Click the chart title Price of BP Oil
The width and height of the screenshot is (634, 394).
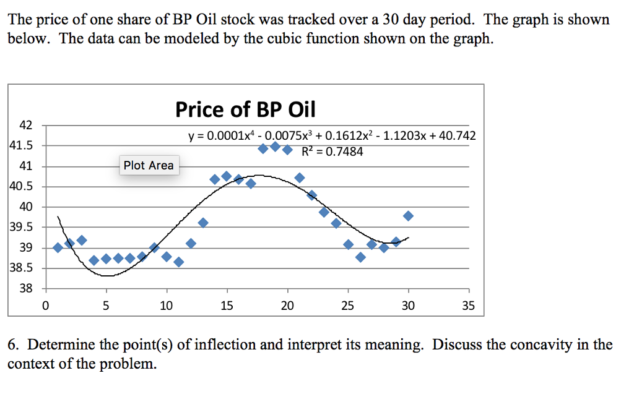click(245, 109)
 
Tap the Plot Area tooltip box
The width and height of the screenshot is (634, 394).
click(149, 165)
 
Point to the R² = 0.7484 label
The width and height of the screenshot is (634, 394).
click(332, 152)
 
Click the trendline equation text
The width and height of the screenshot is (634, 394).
click(332, 135)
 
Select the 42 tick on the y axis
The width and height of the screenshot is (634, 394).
click(25, 125)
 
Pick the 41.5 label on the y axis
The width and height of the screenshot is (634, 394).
click(22, 146)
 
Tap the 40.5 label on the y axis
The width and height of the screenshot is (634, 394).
click(22, 187)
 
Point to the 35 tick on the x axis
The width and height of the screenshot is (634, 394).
click(468, 305)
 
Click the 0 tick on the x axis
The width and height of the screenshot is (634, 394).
click(45, 305)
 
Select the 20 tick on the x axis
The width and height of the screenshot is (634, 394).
click(287, 305)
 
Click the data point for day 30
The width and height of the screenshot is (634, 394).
click(408, 216)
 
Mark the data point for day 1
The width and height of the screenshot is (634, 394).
click(58, 247)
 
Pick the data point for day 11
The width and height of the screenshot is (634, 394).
click(178, 262)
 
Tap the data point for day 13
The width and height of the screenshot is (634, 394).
click(202, 223)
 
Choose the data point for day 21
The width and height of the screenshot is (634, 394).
click(300, 178)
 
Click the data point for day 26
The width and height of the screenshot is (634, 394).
click(360, 257)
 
